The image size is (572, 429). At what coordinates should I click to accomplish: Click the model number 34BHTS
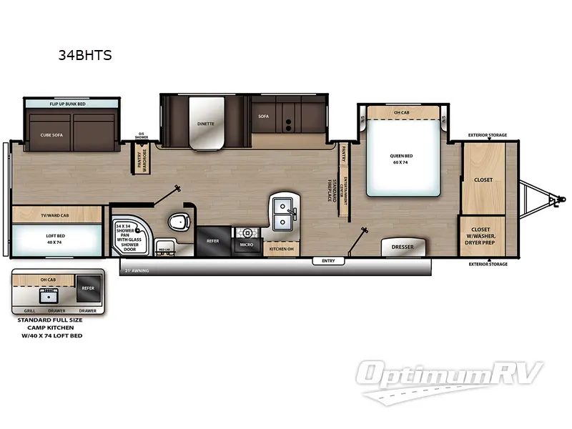point(85,54)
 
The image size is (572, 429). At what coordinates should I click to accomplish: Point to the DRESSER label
point(403,247)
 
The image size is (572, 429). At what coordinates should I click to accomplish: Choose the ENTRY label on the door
point(328,261)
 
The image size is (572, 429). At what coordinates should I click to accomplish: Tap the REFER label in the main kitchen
point(212,241)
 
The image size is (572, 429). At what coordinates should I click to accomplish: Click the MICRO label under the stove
point(247,245)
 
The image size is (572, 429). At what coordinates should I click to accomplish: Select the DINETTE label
point(206,123)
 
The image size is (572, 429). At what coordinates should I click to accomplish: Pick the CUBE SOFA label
point(51,134)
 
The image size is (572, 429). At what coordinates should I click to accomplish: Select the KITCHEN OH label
point(280,248)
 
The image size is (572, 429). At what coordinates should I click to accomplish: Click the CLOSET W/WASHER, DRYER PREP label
point(483,237)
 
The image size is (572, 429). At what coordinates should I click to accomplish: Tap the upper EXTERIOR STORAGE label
point(488,134)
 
